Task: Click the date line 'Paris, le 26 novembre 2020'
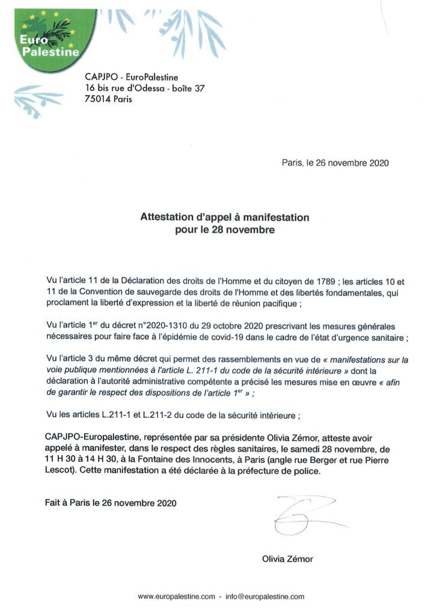pos(335,163)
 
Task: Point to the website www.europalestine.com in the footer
pos(176,596)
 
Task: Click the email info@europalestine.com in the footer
pos(265,596)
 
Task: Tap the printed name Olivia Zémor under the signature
pos(287,558)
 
